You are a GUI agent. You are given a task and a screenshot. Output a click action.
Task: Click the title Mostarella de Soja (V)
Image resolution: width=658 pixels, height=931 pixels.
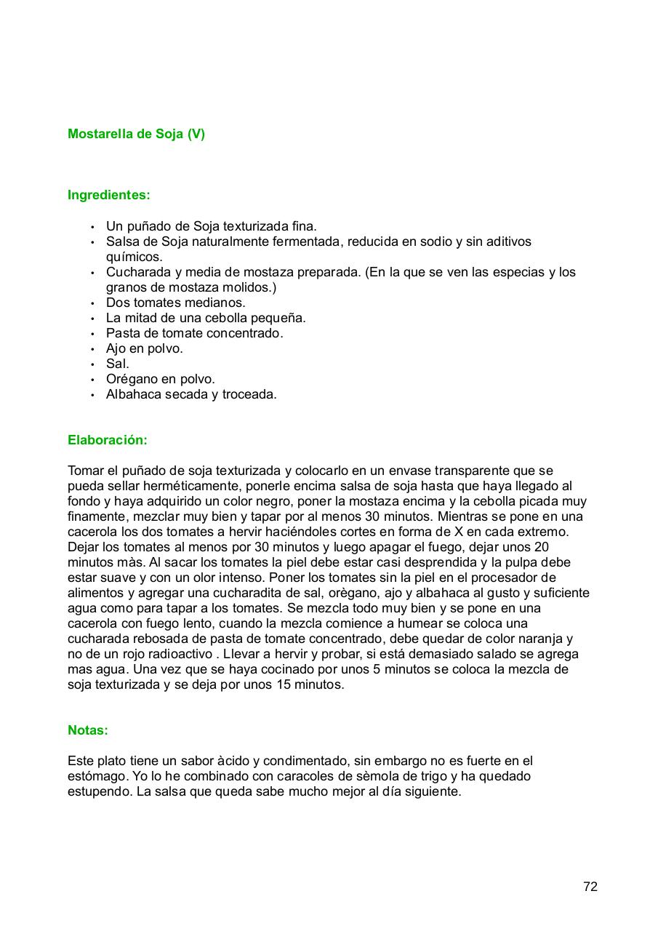coord(136,134)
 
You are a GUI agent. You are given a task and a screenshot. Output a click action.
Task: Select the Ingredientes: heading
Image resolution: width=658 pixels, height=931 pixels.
coord(109,195)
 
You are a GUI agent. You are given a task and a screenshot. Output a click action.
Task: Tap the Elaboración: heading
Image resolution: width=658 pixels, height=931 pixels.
coord(108,440)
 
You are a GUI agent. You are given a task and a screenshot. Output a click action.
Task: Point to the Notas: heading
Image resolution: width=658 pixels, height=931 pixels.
coord(88,730)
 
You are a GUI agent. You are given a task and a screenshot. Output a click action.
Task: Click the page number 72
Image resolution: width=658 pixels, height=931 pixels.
coord(590,887)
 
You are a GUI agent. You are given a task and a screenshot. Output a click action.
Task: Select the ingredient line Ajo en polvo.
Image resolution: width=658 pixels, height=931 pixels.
coord(145,348)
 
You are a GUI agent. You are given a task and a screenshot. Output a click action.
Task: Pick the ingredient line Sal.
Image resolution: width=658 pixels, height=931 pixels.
coord(117,364)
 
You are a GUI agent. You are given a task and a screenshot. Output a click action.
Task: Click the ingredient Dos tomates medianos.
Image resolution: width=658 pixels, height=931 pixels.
coord(176,303)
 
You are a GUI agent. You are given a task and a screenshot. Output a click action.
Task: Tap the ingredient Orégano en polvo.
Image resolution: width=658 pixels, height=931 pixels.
coord(161,379)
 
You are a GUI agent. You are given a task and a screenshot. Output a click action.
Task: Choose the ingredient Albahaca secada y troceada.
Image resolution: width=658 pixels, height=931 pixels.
coord(191,394)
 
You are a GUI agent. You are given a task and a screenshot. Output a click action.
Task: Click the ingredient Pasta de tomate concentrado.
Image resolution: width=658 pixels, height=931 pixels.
coord(194,333)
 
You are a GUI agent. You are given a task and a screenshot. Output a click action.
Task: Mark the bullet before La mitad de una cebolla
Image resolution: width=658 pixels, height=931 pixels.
coord(93,319)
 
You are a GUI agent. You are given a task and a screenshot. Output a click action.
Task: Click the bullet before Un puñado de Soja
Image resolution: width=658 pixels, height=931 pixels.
coord(93,227)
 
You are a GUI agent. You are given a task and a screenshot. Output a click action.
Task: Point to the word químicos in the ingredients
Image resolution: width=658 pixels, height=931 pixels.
coord(135,257)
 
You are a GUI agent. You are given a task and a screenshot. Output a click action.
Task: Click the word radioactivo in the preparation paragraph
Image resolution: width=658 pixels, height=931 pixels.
coord(180,654)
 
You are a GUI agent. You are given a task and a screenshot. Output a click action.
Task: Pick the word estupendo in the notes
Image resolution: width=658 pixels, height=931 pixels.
coord(98,791)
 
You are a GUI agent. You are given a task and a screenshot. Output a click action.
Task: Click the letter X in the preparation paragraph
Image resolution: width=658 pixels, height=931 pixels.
coord(458,532)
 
